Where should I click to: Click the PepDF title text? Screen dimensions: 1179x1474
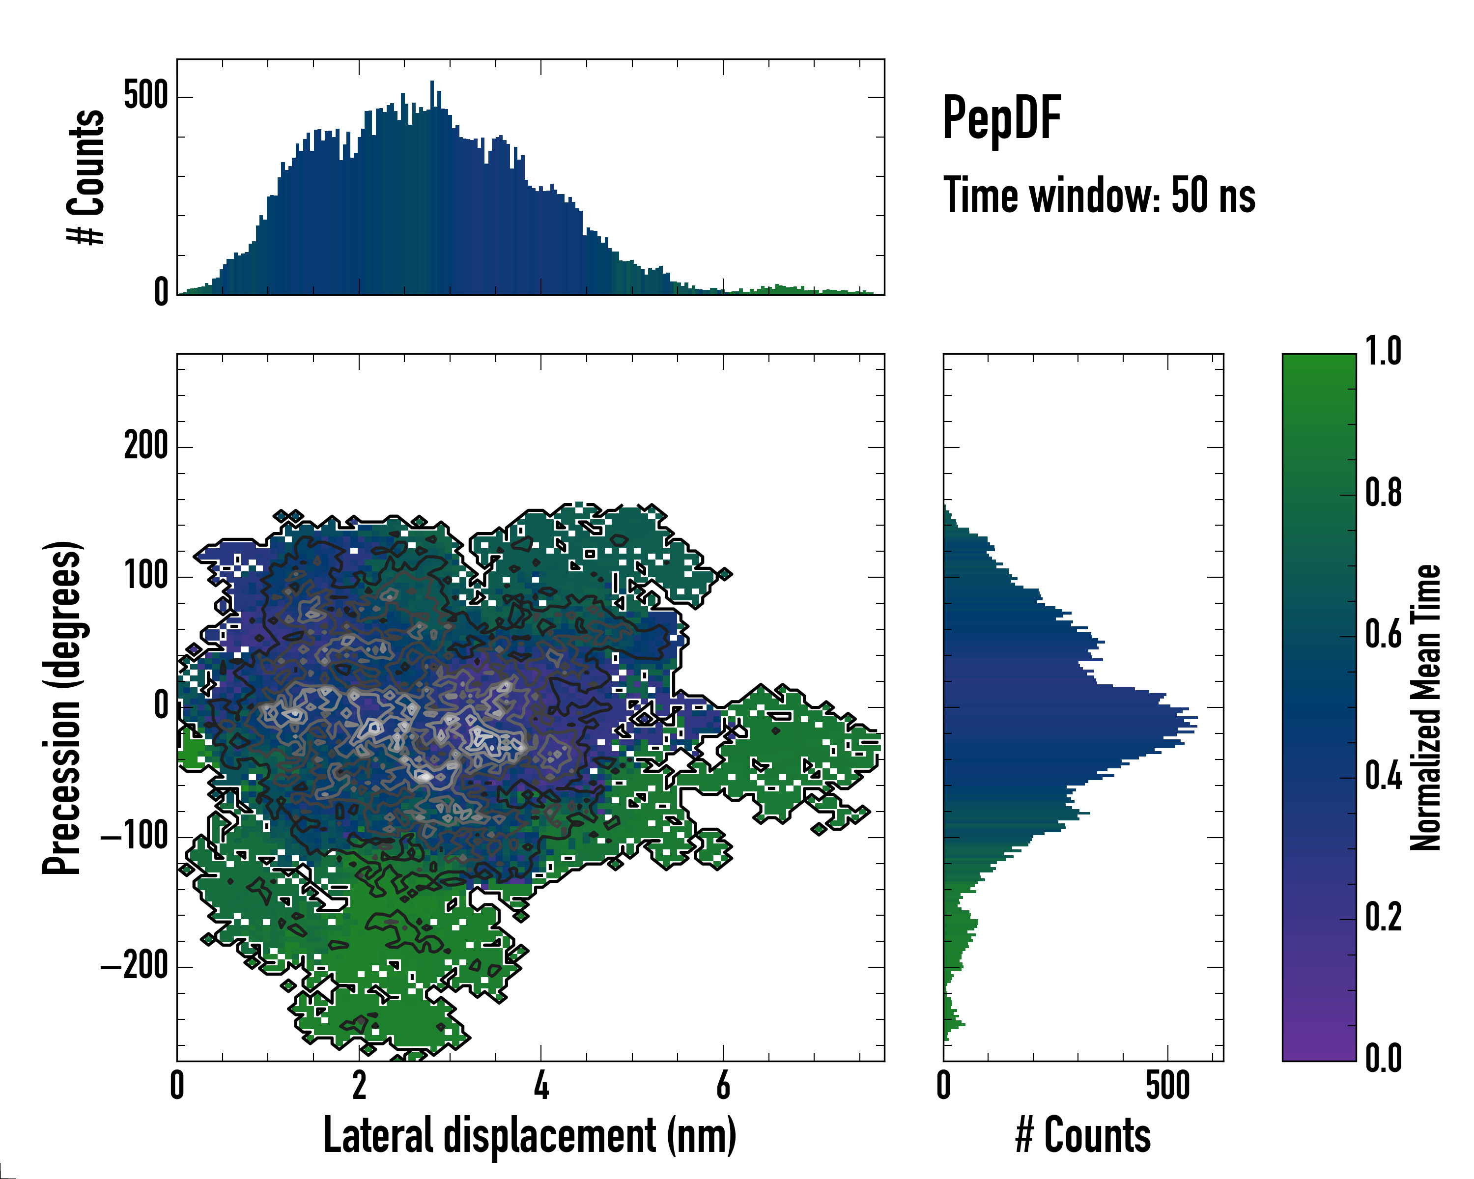pyautogui.click(x=1001, y=117)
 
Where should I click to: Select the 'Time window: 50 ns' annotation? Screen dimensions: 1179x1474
pyautogui.click(x=1099, y=196)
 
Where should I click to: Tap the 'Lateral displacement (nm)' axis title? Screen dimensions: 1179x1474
pyautogui.click(x=530, y=1135)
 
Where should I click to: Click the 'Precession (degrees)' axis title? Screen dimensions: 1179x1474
pyautogui.click(x=63, y=707)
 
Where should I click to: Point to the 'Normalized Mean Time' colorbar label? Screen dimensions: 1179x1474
pyautogui.click(x=1425, y=707)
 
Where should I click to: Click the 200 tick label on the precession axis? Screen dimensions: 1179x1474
pyautogui.click(x=145, y=447)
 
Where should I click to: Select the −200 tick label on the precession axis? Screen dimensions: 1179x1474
pyautogui.click(x=135, y=966)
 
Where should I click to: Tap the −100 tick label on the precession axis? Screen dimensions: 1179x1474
pyautogui.click(x=135, y=837)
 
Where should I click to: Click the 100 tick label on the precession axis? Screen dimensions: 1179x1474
pyautogui.click(x=145, y=576)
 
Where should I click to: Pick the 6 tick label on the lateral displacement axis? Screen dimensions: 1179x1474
pyautogui.click(x=723, y=1085)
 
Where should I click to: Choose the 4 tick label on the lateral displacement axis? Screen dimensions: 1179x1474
pyautogui.click(x=541, y=1085)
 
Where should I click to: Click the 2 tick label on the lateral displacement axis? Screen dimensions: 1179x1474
pyautogui.click(x=359, y=1085)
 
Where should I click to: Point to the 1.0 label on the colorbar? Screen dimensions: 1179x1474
pyautogui.click(x=1383, y=351)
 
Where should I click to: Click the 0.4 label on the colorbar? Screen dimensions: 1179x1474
pyautogui.click(x=1383, y=777)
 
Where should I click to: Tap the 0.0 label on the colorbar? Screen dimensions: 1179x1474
pyautogui.click(x=1383, y=1059)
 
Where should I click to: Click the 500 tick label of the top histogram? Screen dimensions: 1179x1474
pyautogui.click(x=145, y=96)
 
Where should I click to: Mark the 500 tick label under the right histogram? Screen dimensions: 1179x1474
pyautogui.click(x=1167, y=1085)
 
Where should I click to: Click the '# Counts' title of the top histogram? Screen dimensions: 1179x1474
pyautogui.click(x=86, y=177)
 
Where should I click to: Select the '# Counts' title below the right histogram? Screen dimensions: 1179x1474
pyautogui.click(x=1083, y=1135)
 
